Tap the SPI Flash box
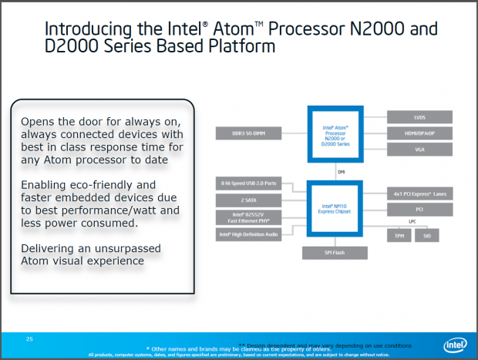pos(333,251)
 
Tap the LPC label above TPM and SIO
pos(412,220)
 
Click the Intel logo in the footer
pos(453,345)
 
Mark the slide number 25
pos(30,338)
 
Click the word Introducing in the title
pos(83,29)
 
